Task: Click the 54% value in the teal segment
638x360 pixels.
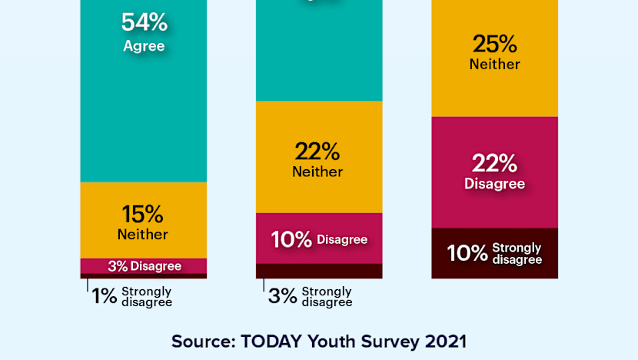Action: [x=144, y=23]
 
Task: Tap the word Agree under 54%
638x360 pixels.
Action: [x=144, y=46]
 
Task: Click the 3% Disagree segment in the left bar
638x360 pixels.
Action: [x=144, y=266]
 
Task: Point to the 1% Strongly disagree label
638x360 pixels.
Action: [x=131, y=296]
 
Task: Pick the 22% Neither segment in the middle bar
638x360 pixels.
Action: [x=319, y=157]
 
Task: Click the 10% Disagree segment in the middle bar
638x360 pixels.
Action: [x=319, y=239]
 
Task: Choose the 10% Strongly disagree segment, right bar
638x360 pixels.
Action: [x=494, y=253]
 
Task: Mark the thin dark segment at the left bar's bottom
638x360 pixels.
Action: [x=144, y=275]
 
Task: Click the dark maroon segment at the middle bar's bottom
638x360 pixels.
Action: [x=319, y=271]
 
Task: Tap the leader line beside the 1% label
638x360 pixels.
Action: [x=88, y=285]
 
